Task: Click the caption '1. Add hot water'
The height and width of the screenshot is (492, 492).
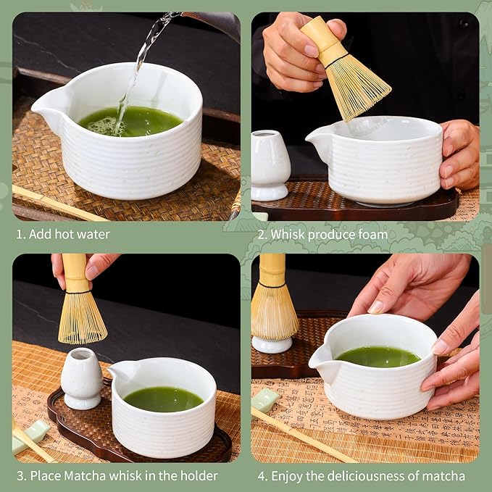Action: coord(63,234)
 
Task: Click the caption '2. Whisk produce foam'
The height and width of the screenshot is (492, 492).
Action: coord(322,234)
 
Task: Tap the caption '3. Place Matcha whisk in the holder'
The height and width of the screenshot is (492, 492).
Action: coord(117,475)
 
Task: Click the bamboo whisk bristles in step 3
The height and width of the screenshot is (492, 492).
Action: coord(82,319)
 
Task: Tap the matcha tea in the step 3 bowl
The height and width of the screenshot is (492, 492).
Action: coord(163,399)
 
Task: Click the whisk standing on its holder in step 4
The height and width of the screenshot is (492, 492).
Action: coord(273,304)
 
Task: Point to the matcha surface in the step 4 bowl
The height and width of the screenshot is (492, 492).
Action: coord(377,357)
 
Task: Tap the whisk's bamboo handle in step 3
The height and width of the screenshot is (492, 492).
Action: coord(75,272)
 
